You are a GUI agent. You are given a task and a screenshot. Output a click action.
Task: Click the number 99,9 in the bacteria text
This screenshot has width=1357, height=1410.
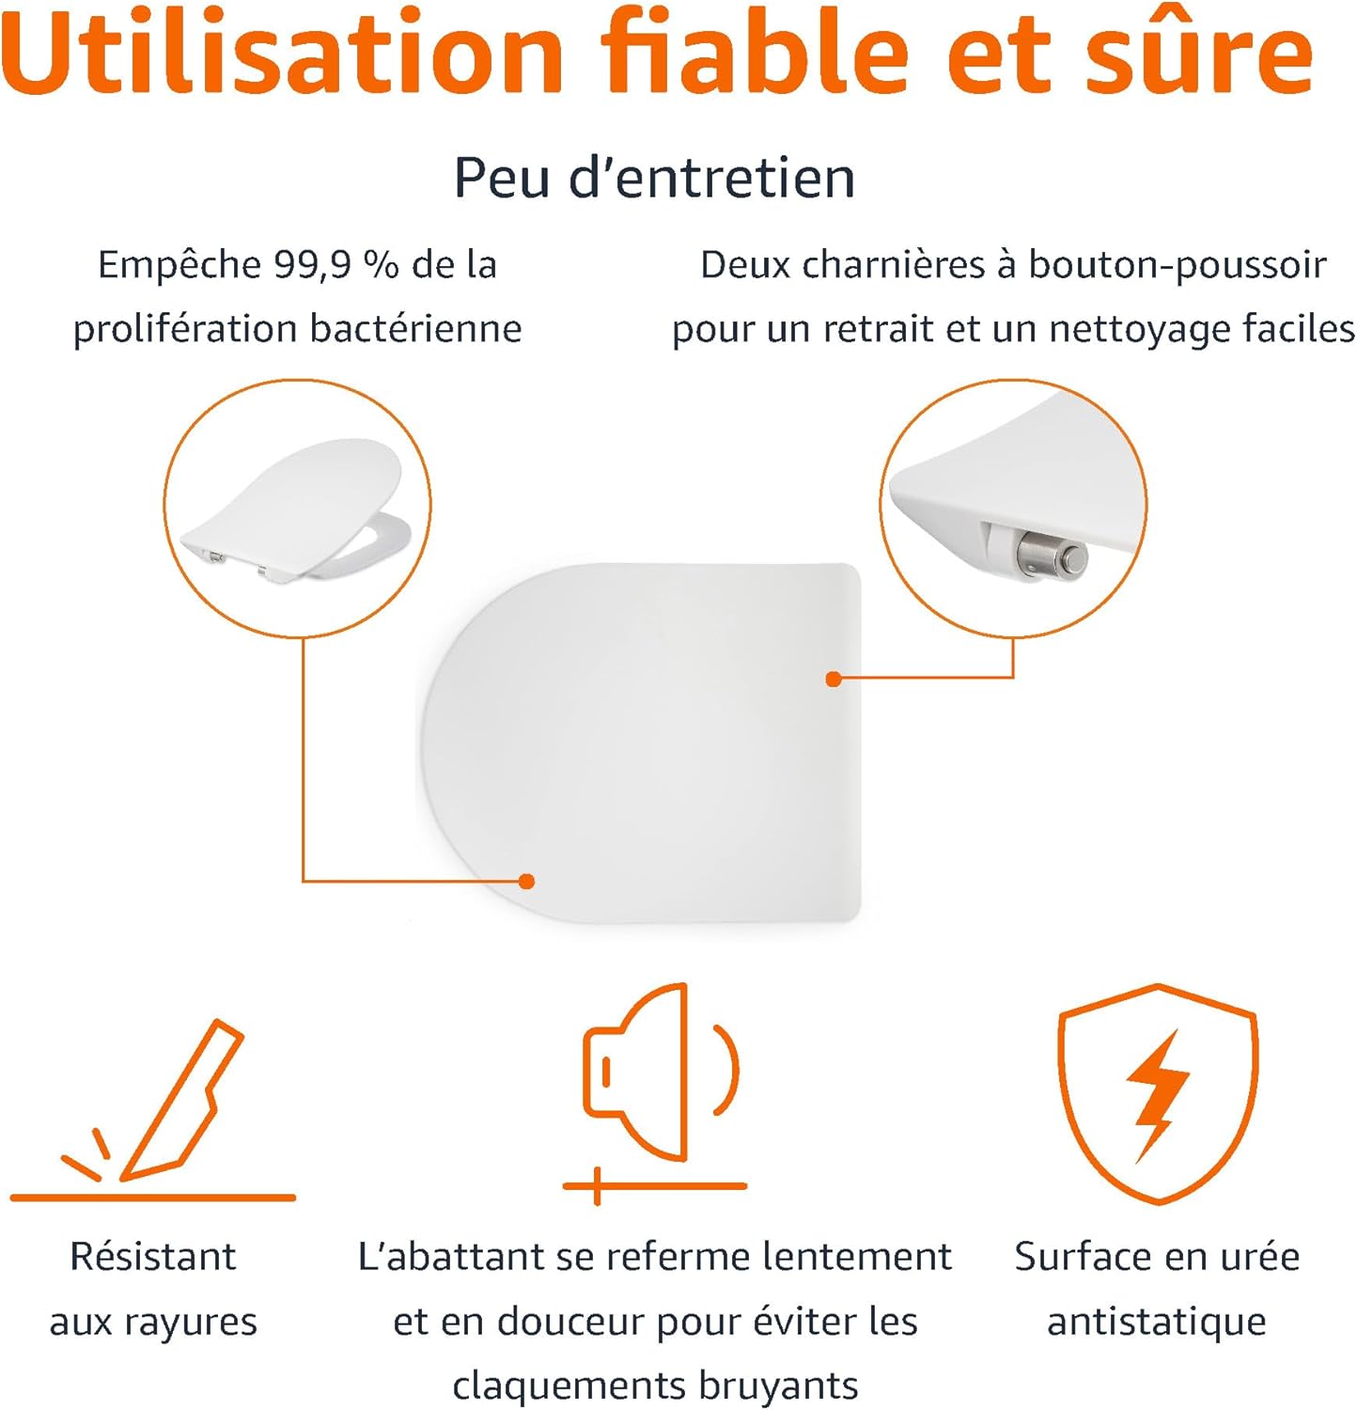point(312,266)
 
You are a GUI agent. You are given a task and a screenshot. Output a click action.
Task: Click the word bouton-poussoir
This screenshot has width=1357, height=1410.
point(1178,265)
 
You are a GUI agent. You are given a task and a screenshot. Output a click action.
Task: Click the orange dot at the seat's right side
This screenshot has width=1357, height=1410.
point(834,679)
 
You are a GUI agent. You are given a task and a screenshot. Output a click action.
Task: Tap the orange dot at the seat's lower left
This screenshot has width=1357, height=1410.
point(527,881)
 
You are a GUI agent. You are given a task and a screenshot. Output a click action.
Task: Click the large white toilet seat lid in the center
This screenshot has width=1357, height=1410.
point(640,743)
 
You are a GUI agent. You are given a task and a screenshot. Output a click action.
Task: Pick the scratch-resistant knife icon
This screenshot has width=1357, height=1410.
point(153,1109)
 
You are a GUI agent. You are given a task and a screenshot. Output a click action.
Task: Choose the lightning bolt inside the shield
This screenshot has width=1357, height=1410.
point(1158,1095)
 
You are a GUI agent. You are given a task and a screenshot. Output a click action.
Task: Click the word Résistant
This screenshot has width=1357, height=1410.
point(153,1257)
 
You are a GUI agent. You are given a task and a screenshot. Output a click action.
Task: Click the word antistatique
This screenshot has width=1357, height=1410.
point(1157,1322)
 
